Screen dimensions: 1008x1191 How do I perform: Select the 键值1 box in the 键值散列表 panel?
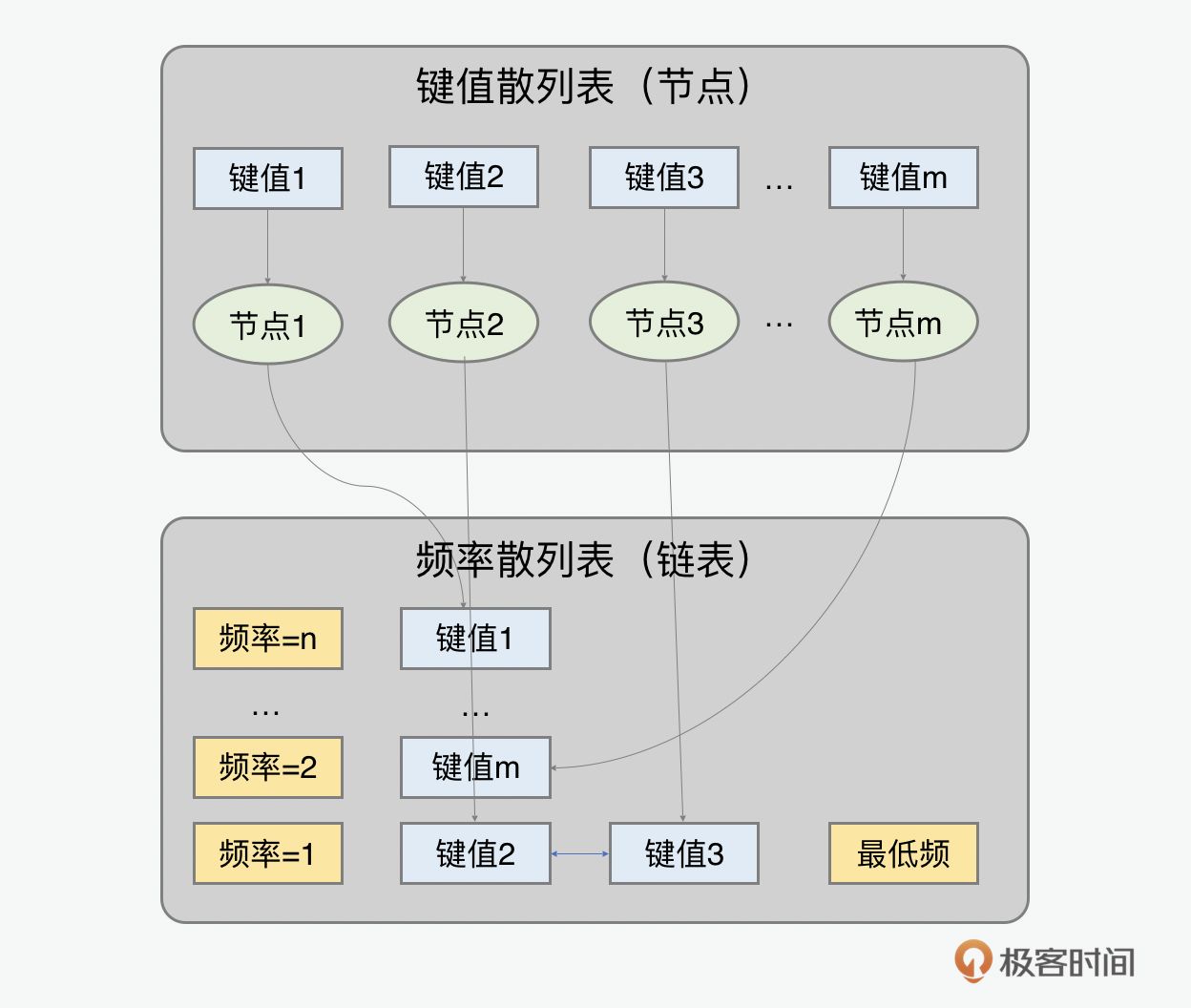coord(268,178)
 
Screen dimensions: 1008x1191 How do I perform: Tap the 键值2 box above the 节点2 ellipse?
coord(464,177)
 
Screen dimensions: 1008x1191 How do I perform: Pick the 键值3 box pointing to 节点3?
coord(664,178)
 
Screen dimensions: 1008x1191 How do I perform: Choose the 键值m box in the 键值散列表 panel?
coord(903,178)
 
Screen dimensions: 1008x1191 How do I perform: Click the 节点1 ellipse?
coord(268,325)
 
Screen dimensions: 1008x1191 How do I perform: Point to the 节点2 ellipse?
coord(464,323)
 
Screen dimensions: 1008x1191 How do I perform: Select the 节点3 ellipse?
coord(664,322)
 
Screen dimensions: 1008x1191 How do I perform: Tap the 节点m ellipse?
coord(903,322)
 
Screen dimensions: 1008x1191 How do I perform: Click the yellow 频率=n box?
coord(268,639)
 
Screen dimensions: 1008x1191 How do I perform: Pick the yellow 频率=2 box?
coord(268,767)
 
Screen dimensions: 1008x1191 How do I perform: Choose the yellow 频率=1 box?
coord(268,853)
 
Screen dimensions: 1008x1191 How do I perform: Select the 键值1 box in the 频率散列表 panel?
coord(475,639)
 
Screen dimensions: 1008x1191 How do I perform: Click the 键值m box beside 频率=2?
coord(475,767)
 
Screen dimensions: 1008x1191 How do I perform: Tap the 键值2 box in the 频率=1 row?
coord(475,853)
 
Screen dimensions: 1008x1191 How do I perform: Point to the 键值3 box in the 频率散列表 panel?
coord(684,853)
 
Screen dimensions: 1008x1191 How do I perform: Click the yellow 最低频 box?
coord(903,853)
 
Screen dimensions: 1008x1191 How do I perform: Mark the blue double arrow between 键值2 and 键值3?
coord(580,853)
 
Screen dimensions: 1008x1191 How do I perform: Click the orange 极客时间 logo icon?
coord(972,960)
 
